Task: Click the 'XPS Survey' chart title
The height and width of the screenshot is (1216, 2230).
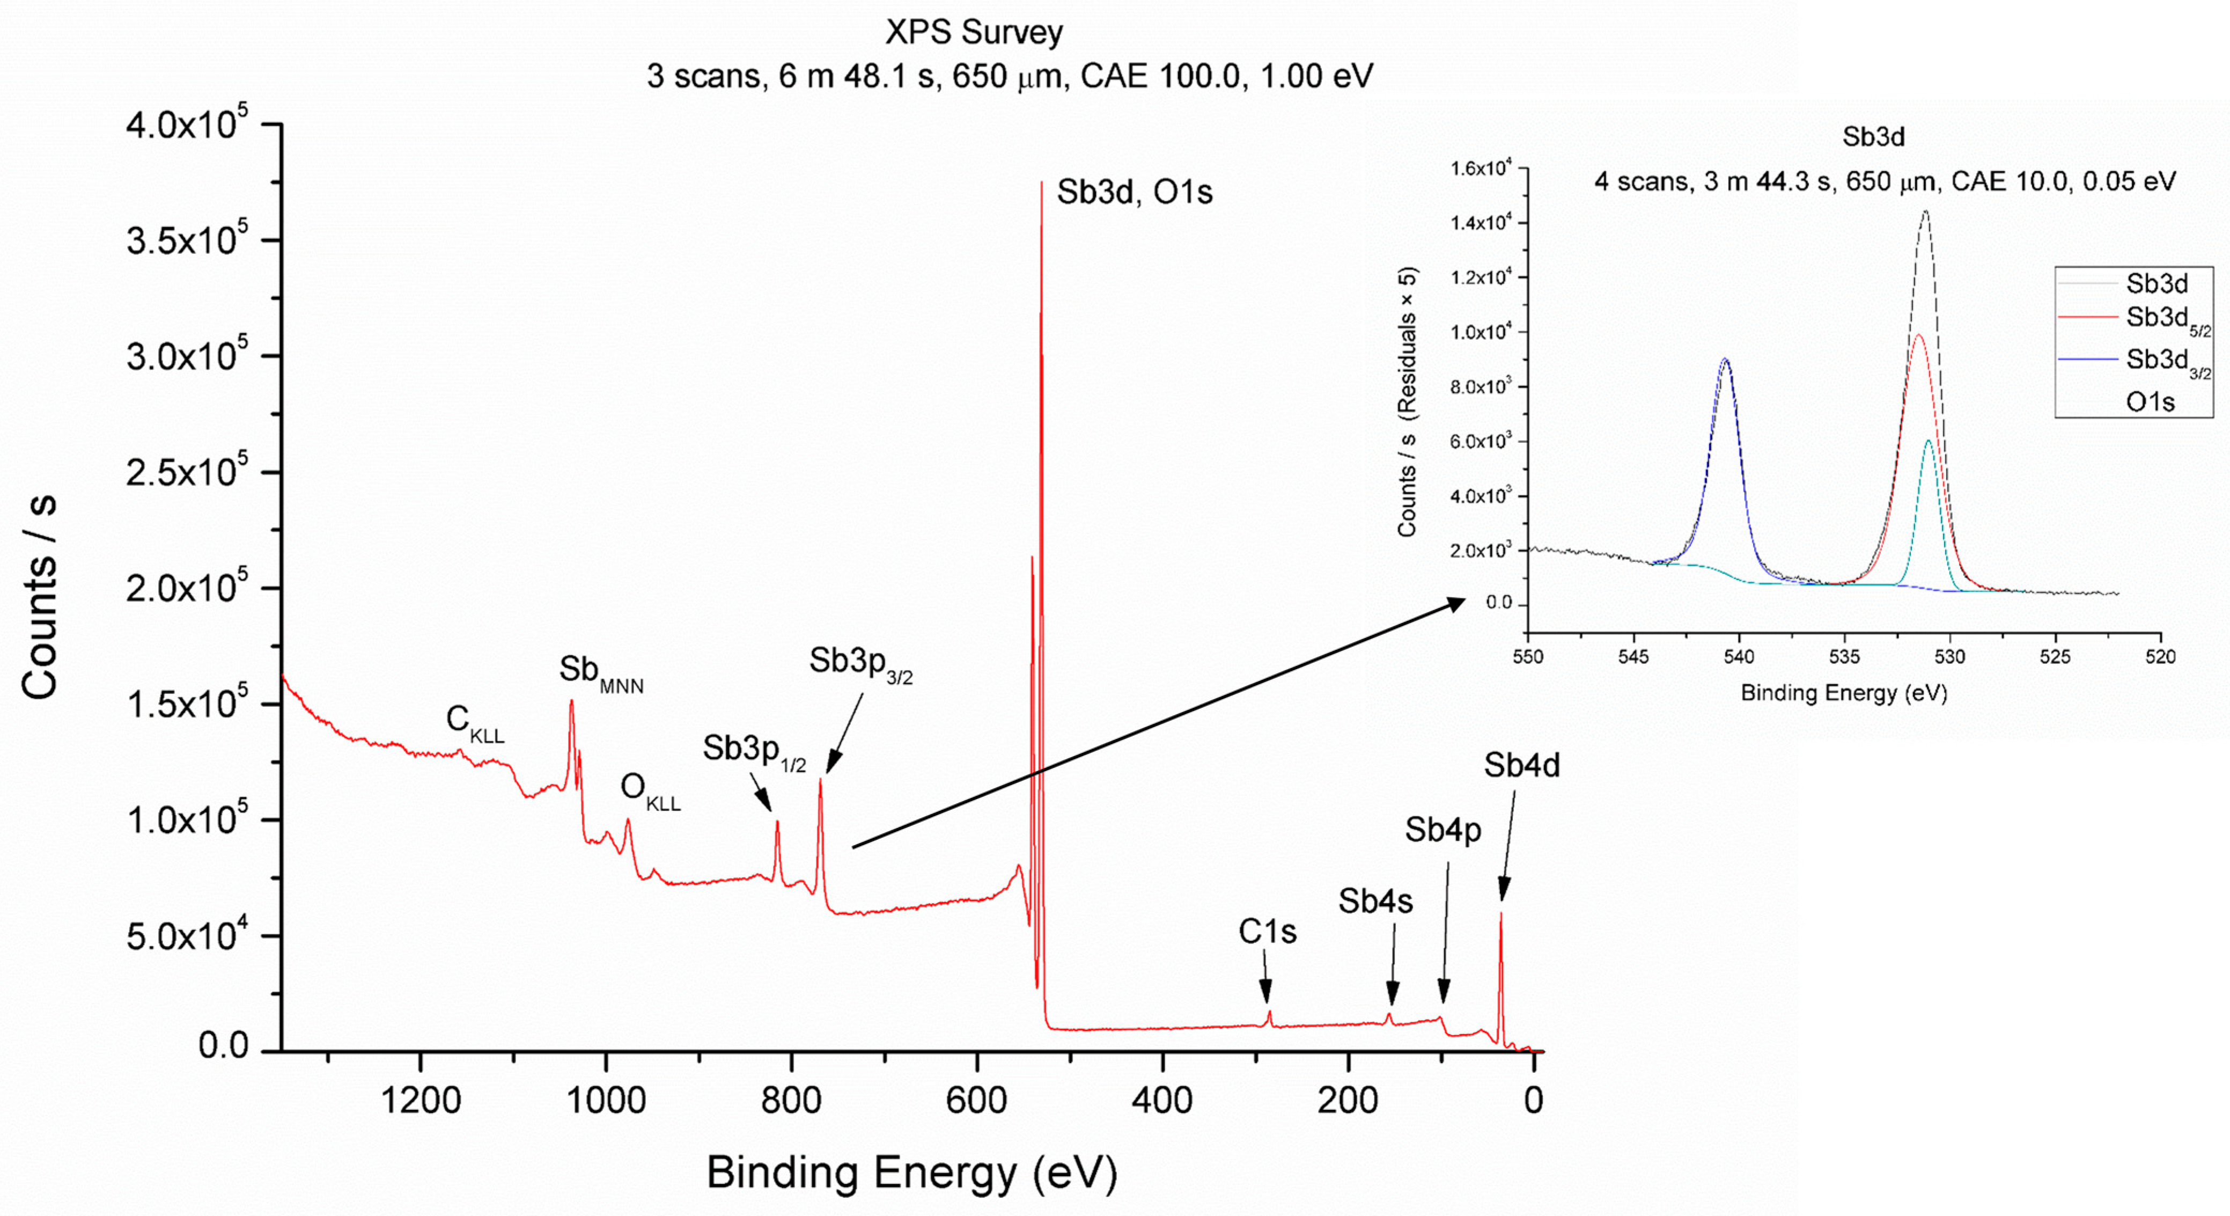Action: coord(973,33)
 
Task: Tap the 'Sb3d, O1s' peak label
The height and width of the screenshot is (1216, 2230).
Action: coord(1134,192)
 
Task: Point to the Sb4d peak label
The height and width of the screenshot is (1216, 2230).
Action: coord(1521,766)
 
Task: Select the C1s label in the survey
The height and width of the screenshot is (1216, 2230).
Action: coord(1268,932)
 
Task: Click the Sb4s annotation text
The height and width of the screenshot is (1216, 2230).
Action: coord(1375,902)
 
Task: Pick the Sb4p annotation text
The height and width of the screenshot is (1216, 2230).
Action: coord(1442,830)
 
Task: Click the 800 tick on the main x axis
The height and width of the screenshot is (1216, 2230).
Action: coord(791,1102)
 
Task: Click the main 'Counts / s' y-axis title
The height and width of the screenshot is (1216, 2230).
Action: coord(40,598)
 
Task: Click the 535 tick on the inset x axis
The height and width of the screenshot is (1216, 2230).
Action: coord(1845,656)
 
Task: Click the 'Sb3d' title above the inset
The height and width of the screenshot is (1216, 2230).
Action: coord(1873,137)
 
